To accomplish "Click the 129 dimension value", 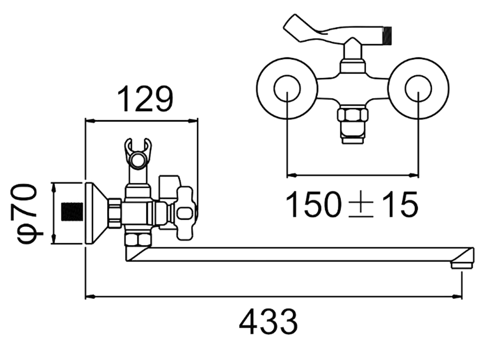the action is click(145, 99).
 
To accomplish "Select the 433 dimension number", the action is click(268, 322).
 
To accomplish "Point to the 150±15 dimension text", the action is click(352, 204).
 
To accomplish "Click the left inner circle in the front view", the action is click(287, 88).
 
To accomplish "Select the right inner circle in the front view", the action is click(418, 88).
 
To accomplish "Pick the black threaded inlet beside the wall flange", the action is click(72, 212).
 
